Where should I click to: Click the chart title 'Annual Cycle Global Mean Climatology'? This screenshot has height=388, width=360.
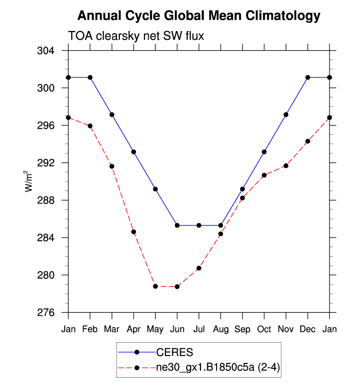[x=198, y=16]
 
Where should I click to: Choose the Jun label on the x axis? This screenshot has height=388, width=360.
[x=177, y=329]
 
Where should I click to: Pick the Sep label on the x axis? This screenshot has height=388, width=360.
[x=243, y=329]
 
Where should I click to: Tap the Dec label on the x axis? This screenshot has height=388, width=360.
[x=307, y=329]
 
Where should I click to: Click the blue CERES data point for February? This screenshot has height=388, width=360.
[x=90, y=77]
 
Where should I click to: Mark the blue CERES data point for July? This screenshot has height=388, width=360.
[x=199, y=225]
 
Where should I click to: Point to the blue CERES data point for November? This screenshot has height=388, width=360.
[x=286, y=115]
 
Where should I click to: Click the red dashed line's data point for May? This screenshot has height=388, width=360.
[x=155, y=286]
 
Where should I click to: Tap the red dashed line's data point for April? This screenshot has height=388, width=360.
[x=134, y=232]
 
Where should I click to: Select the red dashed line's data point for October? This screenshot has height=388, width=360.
[x=264, y=175]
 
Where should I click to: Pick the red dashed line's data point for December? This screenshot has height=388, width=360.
[x=307, y=141]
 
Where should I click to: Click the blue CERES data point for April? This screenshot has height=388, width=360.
[x=134, y=152]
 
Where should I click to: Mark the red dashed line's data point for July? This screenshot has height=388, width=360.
[x=199, y=268]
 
